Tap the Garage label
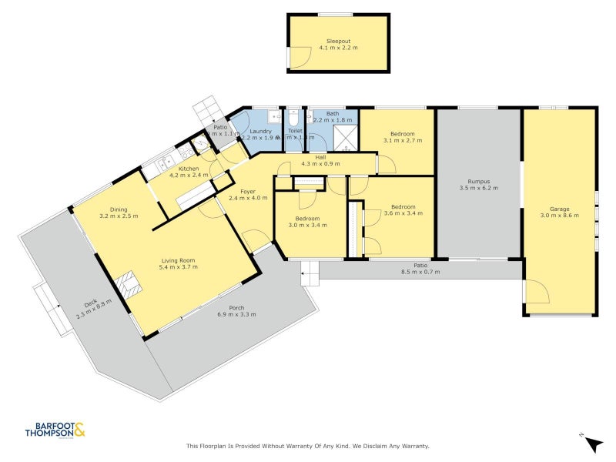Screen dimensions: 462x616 pos(559,208)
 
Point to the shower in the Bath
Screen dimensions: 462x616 pos(346,139)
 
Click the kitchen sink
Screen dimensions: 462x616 pos(163,162)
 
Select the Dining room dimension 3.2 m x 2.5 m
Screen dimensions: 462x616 pos(119,216)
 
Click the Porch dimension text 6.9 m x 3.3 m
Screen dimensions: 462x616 pos(236,314)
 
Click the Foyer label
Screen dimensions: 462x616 pos(248,192)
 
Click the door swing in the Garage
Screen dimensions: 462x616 pos(537,295)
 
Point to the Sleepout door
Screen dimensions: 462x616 pos(299,59)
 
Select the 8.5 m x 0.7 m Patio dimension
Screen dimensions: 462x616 pos(420,272)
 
